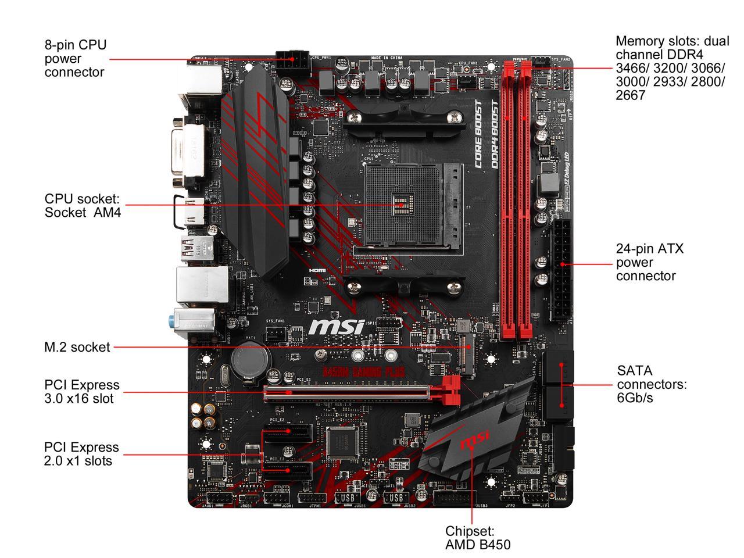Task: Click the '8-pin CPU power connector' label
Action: coord(76,58)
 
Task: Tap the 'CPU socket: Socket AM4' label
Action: coord(83,205)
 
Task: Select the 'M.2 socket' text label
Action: coord(77,347)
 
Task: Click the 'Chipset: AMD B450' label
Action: coord(477,538)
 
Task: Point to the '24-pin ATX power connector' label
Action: coord(650,262)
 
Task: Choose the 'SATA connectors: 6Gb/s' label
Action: coord(652,384)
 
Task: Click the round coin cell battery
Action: coord(249,360)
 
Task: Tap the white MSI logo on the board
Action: coord(336,327)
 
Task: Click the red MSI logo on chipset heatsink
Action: coord(474,441)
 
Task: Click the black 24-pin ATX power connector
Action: coord(561,270)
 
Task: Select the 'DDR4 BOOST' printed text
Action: coord(495,134)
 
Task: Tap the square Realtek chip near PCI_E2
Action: coord(342,441)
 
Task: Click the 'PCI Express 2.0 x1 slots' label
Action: coord(81,454)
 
